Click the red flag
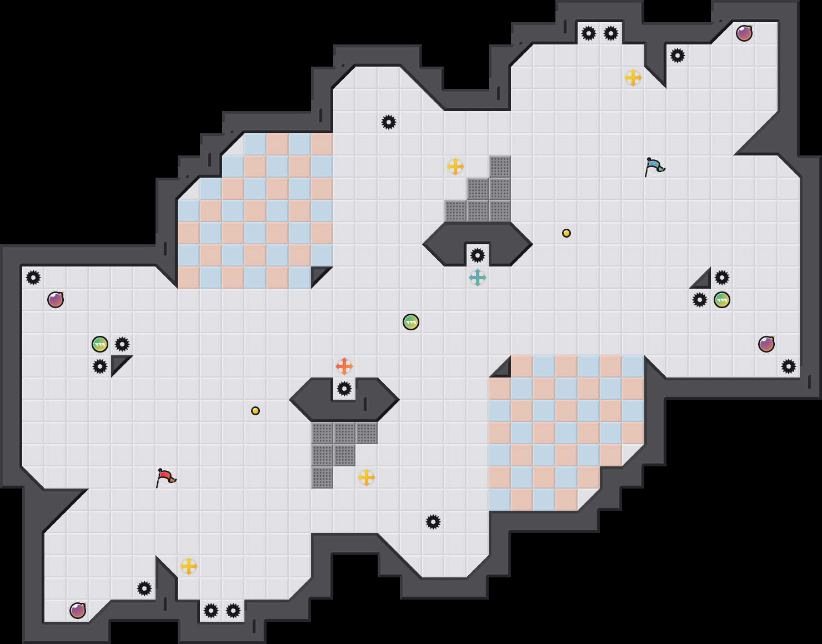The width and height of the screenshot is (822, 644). [166, 477]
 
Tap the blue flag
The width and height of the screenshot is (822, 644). [654, 166]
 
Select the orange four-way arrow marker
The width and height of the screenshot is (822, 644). [344, 366]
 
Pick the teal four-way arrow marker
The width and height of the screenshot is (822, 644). [478, 278]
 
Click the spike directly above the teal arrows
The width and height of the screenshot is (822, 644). [478, 255]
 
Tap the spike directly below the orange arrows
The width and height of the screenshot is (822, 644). [344, 389]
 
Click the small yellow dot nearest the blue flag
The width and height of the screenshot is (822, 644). [567, 233]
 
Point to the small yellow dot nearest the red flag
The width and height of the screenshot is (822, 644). [255, 411]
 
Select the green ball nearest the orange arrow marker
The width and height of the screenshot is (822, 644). [411, 322]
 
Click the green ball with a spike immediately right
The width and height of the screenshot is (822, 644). [100, 344]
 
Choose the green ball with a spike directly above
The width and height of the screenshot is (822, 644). [722, 300]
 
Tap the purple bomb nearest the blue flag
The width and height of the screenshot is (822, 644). [744, 33]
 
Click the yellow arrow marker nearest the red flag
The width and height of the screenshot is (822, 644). [189, 566]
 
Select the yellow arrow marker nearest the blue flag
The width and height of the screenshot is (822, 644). [633, 78]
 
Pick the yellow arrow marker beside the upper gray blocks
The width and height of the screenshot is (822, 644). [455, 167]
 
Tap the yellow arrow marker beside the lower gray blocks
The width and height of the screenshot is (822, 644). [367, 477]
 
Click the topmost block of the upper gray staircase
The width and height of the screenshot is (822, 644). [500, 167]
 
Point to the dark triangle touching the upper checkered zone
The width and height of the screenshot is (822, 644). [319, 274]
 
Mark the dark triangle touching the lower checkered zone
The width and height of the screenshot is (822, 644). [503, 370]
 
